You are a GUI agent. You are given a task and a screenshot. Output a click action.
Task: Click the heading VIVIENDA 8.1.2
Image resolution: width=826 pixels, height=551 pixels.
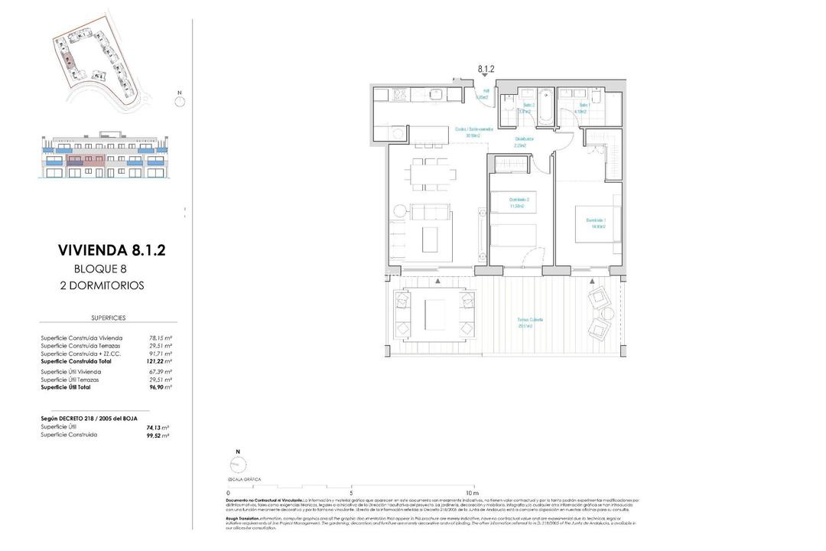click(x=111, y=250)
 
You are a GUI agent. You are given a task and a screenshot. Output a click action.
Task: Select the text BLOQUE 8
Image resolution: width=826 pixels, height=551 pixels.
click(x=99, y=268)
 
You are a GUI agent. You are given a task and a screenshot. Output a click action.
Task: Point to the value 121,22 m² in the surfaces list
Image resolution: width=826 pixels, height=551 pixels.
click(x=160, y=360)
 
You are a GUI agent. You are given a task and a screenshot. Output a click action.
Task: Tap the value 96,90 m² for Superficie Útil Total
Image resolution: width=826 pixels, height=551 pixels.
click(x=160, y=387)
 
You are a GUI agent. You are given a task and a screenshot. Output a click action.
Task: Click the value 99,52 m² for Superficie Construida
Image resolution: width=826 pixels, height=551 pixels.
click(x=158, y=435)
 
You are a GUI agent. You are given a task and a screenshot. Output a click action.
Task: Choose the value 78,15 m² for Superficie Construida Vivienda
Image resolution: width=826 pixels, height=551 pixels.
click(x=160, y=337)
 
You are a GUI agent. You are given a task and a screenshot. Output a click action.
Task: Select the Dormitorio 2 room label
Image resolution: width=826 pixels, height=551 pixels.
click(x=519, y=202)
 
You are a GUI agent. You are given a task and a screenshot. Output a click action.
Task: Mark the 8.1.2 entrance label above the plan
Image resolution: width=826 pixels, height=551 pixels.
click(x=486, y=69)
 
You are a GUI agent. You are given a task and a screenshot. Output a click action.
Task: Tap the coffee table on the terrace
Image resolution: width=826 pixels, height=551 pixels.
click(x=434, y=314)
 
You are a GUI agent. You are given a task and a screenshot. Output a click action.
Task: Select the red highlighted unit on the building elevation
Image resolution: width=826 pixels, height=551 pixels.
click(x=75, y=162)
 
